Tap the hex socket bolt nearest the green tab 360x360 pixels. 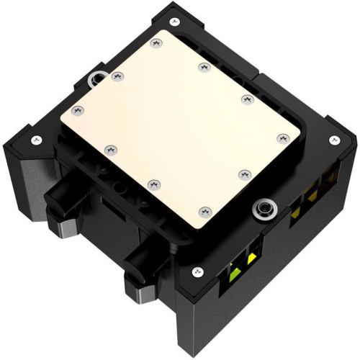[x=264, y=208]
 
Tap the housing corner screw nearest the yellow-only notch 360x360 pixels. [x=333, y=140]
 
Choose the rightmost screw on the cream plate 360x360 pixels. [x=281, y=136]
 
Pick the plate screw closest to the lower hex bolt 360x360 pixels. [x=244, y=173]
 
